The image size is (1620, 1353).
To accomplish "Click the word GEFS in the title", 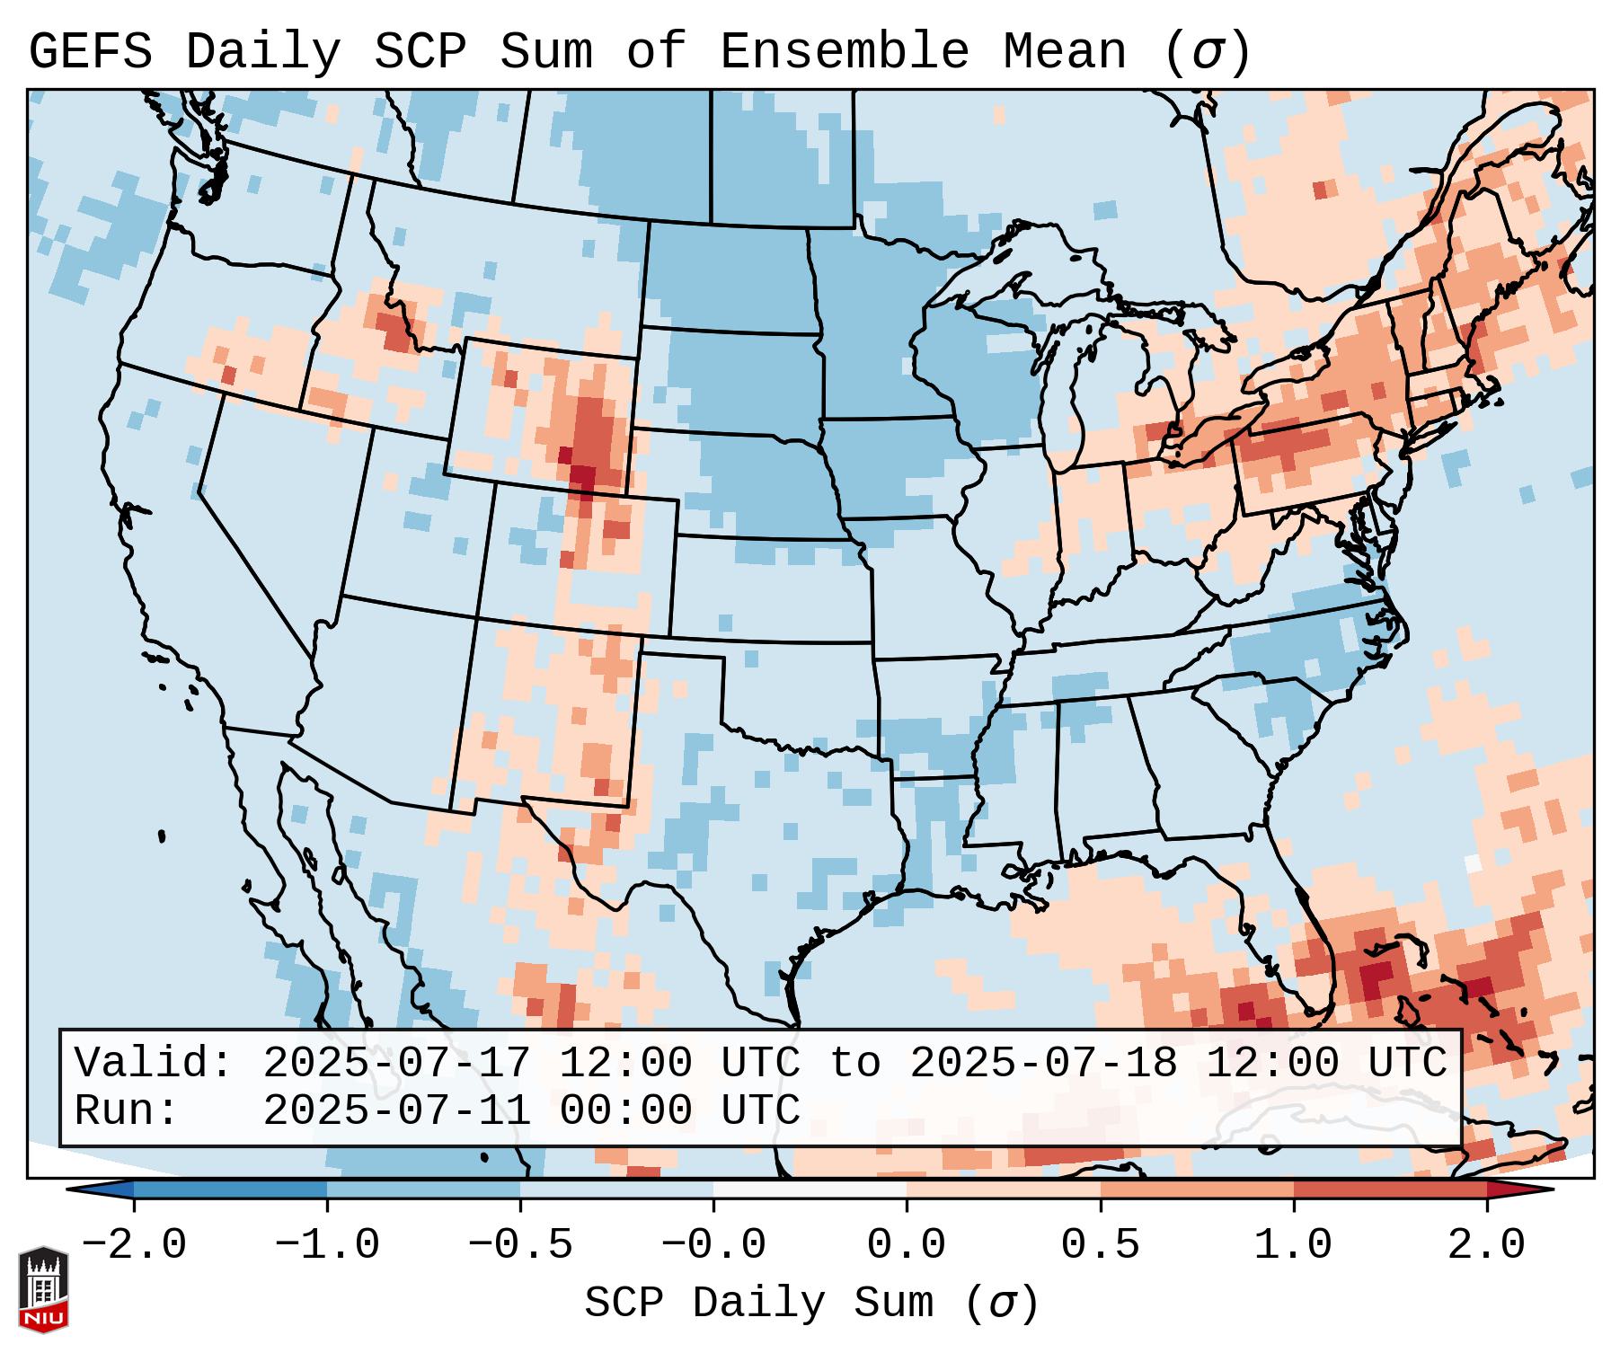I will click(90, 52).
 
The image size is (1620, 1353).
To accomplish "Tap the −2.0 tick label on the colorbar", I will click(134, 1245).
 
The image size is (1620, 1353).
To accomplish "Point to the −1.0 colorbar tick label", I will click(327, 1245).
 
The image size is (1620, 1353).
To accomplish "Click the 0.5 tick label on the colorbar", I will click(1100, 1245).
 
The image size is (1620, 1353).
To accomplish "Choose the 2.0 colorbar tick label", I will click(1487, 1245).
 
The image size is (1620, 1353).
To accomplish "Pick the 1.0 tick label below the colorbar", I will click(1293, 1245).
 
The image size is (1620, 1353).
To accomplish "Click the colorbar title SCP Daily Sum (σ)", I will click(811, 1303).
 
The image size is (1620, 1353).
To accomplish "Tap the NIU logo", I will click(43, 1288).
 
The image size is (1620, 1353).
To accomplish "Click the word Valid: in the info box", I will click(154, 1063).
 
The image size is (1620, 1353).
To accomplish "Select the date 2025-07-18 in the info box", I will click(1043, 1063).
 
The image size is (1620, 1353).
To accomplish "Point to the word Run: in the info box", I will click(127, 1110).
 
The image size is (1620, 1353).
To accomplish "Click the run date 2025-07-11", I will click(396, 1110).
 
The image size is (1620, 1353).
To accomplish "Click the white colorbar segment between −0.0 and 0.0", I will click(810, 1189).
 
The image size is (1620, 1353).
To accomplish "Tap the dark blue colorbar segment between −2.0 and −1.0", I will click(230, 1189).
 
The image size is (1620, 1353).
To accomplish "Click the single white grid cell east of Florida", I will click(1472, 862).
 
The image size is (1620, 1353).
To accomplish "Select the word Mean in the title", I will click(1064, 52).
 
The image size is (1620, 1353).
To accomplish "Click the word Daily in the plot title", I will click(263, 52).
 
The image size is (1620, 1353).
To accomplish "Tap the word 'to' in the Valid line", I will click(854, 1063).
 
